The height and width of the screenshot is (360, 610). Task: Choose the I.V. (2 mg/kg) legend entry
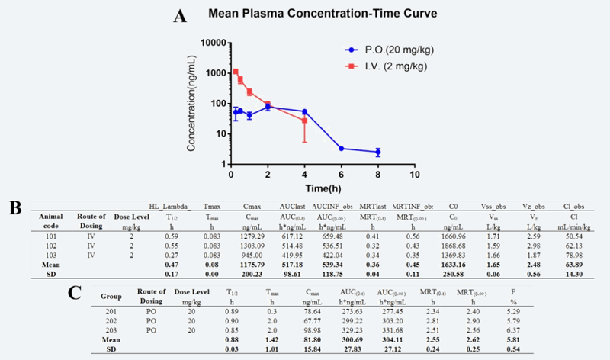tap(382, 66)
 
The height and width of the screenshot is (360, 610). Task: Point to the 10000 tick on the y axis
tap(211, 42)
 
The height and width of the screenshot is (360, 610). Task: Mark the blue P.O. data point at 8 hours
tap(377, 153)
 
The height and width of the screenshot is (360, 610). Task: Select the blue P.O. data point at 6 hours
tap(341, 149)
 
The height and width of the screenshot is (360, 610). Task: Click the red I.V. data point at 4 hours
tap(305, 121)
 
